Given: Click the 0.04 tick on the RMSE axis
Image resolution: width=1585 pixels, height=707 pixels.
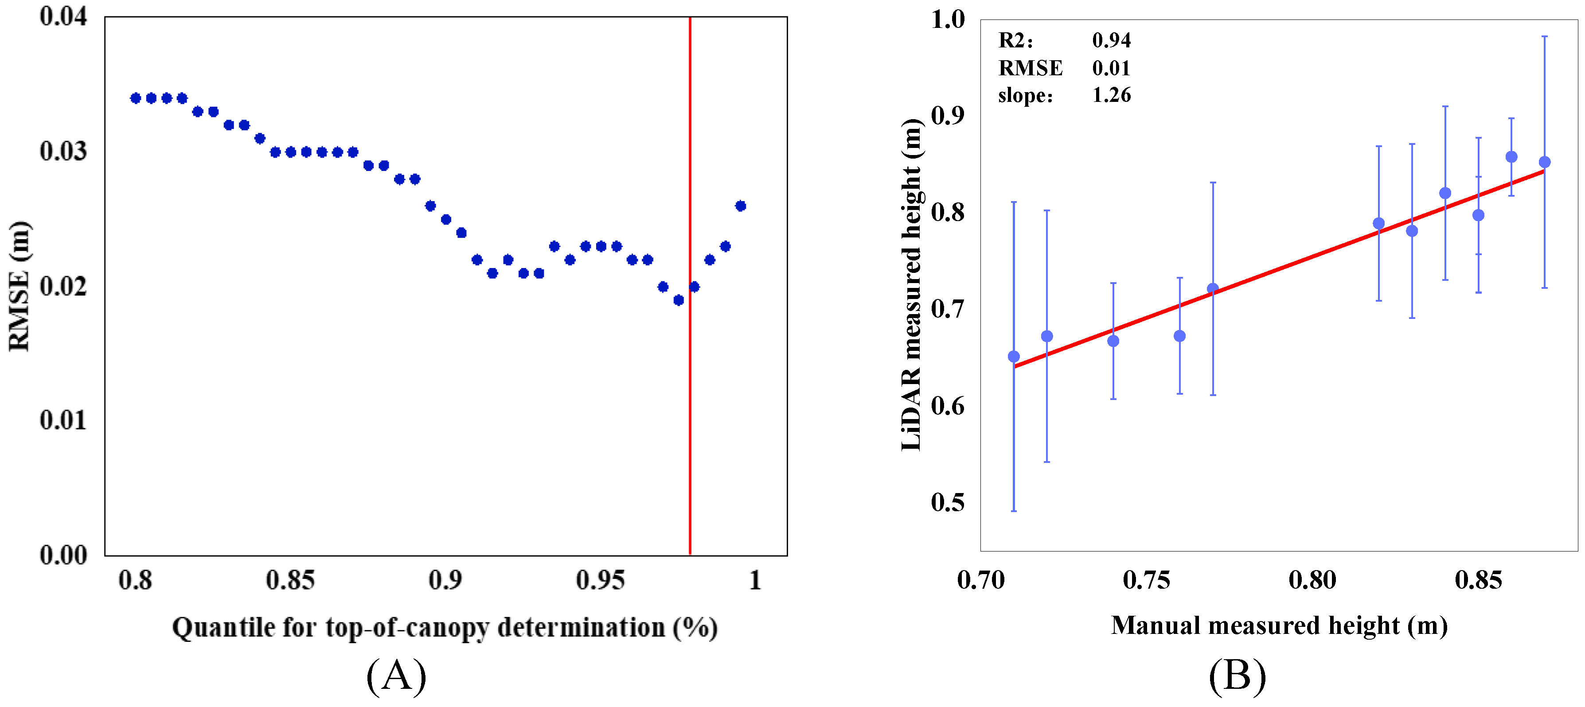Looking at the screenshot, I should click(x=63, y=16).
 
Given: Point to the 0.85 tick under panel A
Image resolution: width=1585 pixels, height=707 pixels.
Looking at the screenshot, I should click(x=290, y=580).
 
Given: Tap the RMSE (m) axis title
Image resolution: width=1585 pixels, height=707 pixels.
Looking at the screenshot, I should click(x=20, y=286).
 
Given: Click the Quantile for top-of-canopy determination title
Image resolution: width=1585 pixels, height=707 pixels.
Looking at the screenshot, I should click(x=444, y=628).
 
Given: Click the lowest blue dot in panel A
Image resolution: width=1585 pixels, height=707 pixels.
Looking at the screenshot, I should click(x=679, y=300).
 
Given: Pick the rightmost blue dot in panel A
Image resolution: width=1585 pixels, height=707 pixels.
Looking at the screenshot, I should click(x=741, y=206).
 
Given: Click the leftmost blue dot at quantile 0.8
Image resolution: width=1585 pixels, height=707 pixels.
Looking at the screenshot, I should click(x=136, y=98).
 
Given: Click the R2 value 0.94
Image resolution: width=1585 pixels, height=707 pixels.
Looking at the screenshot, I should click(x=1111, y=41).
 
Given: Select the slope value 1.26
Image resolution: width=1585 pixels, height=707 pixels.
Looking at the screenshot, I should click(x=1111, y=95).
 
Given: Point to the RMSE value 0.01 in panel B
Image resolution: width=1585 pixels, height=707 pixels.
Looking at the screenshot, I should click(x=1111, y=68).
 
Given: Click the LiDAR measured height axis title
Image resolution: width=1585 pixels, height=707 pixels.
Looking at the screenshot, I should click(x=911, y=285).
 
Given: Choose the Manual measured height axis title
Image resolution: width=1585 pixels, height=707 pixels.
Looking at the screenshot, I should click(x=1279, y=626).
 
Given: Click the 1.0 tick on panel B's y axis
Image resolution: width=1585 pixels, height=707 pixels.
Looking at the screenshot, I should click(x=948, y=19).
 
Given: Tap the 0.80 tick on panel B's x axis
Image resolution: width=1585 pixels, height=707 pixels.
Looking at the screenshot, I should click(x=1312, y=580).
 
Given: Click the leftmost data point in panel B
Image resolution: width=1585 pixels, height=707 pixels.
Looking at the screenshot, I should click(x=1014, y=357).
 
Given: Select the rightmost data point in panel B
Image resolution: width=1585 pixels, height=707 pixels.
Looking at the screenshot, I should click(x=1544, y=162).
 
